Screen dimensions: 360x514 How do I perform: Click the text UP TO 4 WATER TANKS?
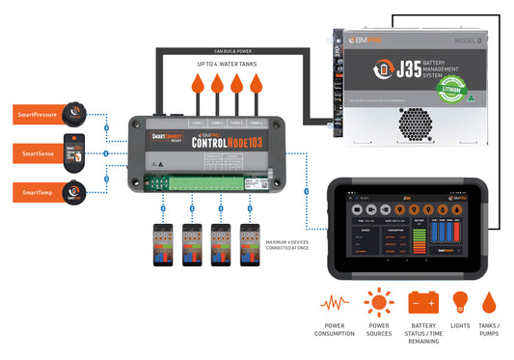click(x=228, y=63)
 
